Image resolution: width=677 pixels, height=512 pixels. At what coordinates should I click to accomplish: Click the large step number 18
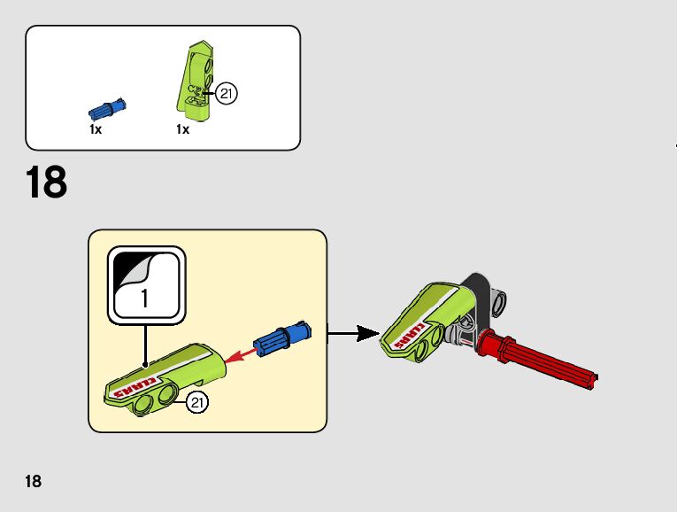[x=47, y=183]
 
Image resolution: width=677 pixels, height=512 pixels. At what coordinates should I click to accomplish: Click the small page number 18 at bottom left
[x=34, y=482]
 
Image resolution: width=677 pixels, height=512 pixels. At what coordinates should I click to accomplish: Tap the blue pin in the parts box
[x=106, y=109]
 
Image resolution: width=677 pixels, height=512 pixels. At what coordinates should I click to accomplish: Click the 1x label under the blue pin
[x=96, y=129]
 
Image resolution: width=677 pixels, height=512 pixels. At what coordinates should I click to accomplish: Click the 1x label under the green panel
[x=182, y=129]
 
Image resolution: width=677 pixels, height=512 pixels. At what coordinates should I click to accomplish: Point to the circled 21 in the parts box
[x=227, y=93]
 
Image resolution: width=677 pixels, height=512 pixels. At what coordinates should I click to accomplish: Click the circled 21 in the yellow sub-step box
[x=196, y=403]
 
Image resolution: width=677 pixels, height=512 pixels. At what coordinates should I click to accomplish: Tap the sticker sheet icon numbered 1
[x=146, y=286]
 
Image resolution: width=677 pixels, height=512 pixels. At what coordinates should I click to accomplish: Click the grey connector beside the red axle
[x=461, y=334]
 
